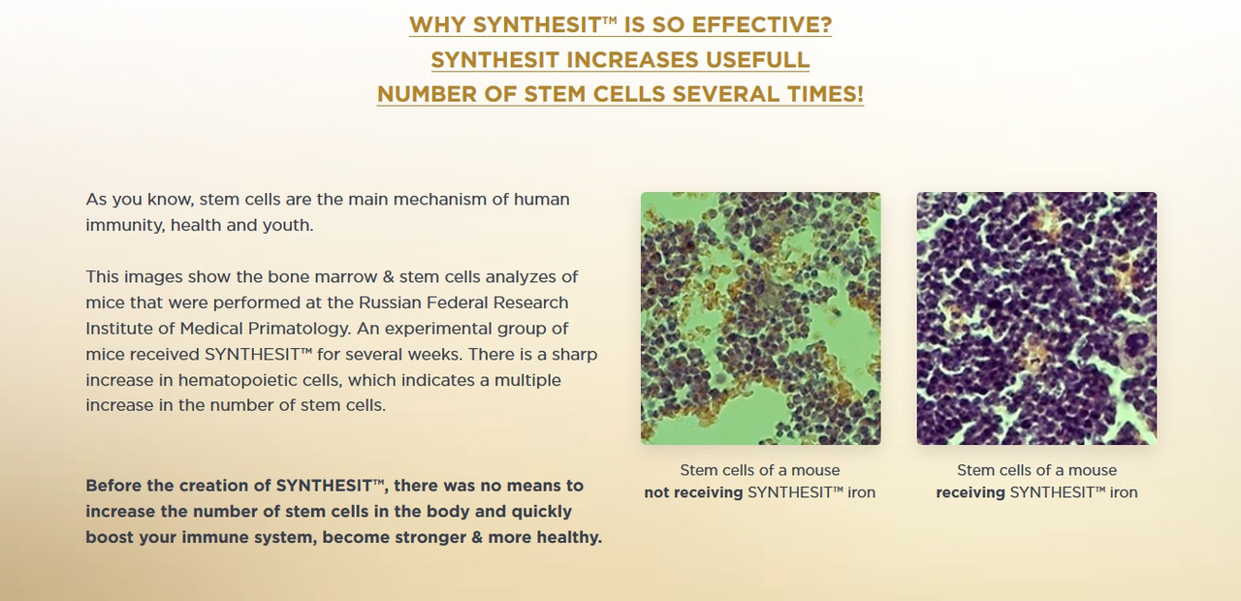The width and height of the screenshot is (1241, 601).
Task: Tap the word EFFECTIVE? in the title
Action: point(762,24)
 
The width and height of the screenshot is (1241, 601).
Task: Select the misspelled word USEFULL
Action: point(757,59)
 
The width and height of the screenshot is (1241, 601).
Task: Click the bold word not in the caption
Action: point(656,492)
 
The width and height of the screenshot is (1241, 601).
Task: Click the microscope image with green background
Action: point(761,319)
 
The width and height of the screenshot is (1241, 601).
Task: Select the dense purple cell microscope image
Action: point(1036,319)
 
